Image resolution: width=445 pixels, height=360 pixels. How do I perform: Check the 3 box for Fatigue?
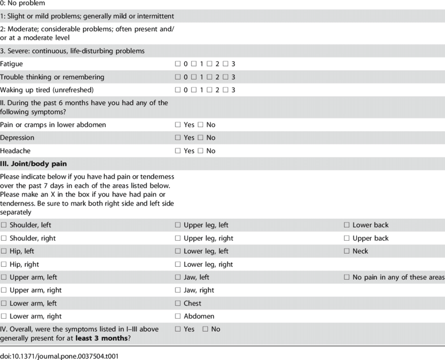[x=225, y=64]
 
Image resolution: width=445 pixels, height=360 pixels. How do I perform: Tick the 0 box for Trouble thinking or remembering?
[x=178, y=77]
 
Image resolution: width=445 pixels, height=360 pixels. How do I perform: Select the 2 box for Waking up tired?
[x=209, y=90]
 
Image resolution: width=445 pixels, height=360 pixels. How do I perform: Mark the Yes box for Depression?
[x=178, y=138]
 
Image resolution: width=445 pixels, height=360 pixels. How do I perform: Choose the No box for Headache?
[x=201, y=151]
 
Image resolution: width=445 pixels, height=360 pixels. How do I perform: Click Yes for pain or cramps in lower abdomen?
[x=178, y=125]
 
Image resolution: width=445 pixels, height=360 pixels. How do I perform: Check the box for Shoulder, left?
[x=4, y=225]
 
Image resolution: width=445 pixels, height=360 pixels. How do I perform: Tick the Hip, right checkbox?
[x=4, y=264]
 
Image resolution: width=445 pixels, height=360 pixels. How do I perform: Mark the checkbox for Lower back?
[x=347, y=225]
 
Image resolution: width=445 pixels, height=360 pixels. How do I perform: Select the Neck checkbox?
[x=347, y=251]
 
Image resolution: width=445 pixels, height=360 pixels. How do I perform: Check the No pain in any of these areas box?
[x=347, y=277]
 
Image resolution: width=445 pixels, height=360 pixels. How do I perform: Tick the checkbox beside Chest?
[x=178, y=303]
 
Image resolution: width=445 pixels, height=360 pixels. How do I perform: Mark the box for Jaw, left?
[x=178, y=277]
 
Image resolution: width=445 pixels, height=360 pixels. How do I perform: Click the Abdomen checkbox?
[x=178, y=317]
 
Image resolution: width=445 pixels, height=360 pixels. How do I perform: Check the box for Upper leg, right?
[x=178, y=238]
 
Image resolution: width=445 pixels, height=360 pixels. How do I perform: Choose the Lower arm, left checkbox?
[x=4, y=303]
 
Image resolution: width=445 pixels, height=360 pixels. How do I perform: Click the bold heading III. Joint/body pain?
[x=34, y=164]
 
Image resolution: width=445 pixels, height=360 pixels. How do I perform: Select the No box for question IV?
[x=205, y=329]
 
